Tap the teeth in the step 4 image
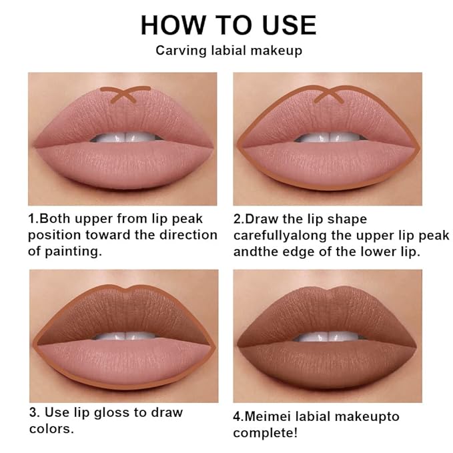(327, 336)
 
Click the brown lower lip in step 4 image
(327, 364)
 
